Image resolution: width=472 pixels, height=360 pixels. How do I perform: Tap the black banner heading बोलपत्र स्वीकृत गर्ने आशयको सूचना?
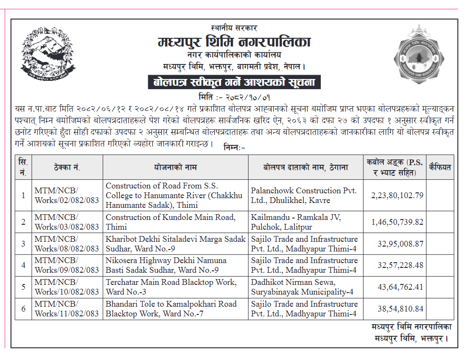pyautogui.click(x=234, y=82)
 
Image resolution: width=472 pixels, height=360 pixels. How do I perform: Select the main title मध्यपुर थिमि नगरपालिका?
pyautogui.click(x=234, y=42)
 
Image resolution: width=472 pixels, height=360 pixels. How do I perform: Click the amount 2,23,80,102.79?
pyautogui.click(x=397, y=195)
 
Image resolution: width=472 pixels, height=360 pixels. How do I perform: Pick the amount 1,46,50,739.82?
pyautogui.click(x=397, y=222)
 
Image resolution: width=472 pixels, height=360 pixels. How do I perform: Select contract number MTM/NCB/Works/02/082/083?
pyautogui.click(x=66, y=195)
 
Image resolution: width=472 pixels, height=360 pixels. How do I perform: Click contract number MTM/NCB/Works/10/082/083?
pyautogui.click(x=66, y=287)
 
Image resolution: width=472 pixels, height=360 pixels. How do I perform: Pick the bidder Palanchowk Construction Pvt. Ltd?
pyautogui.click(x=303, y=195)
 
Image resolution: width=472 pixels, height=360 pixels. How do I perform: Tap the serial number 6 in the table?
pyautogui.click(x=23, y=309)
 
